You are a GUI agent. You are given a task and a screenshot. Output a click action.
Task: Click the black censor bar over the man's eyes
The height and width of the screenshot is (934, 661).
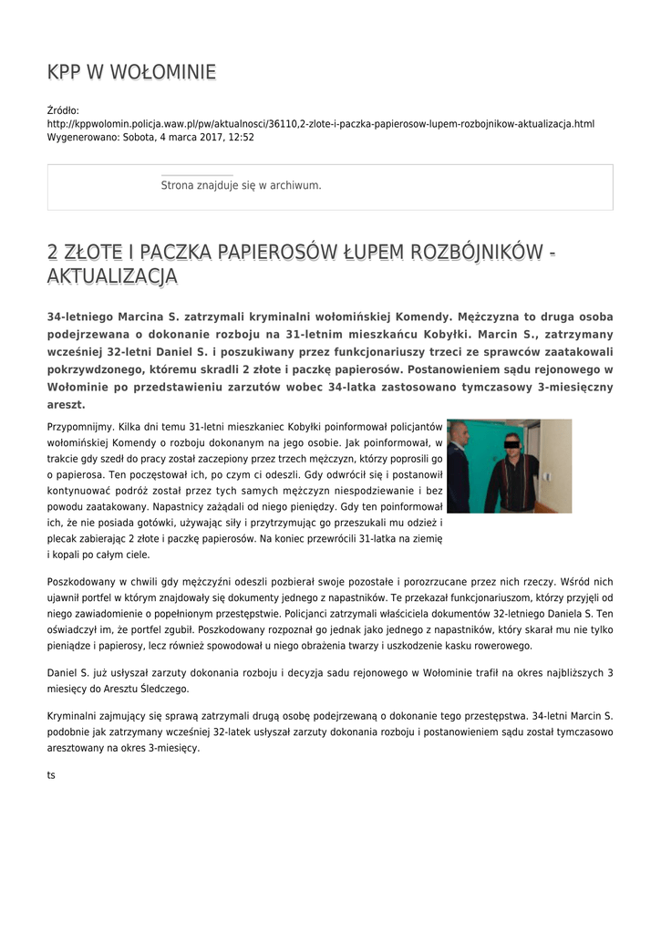[511, 446]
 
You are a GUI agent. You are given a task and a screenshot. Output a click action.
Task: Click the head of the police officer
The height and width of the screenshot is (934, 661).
[460, 433]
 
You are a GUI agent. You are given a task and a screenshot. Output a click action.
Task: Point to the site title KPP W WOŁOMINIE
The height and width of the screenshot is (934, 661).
[131, 72]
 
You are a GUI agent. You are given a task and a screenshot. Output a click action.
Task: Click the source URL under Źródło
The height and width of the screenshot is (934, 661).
[320, 123]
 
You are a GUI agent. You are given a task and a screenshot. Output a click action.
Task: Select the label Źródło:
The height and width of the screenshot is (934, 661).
[63, 110]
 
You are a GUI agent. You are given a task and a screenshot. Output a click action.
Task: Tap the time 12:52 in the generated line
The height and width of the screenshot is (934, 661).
[241, 137]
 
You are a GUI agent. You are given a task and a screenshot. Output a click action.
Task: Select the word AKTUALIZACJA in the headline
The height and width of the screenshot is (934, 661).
[112, 275]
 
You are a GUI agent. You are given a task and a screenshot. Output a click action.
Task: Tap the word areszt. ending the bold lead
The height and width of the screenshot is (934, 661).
[67, 403]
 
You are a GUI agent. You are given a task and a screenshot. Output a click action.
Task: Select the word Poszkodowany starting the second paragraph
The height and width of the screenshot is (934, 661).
[82, 581]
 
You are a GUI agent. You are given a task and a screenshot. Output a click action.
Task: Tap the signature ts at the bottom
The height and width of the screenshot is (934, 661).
[51, 775]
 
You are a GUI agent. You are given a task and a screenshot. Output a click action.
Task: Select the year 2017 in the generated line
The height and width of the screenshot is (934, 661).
[197, 137]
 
